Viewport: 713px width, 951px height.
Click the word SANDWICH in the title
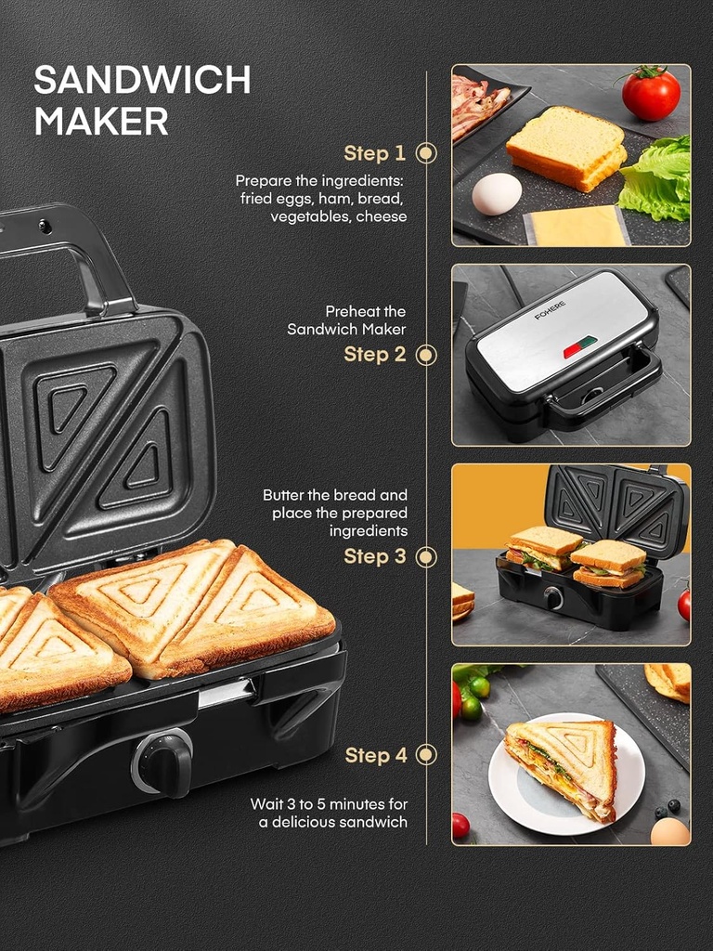coord(142,81)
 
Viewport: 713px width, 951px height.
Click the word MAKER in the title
coord(101,122)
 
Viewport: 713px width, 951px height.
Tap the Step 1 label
coord(374,153)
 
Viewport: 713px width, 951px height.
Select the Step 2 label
coord(374,355)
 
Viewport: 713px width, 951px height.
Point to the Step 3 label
coord(374,556)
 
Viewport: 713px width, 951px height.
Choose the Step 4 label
coord(375,756)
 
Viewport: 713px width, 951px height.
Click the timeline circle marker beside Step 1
coord(426,153)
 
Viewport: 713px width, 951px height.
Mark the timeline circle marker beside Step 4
coord(426,755)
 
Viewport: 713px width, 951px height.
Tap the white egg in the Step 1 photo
coord(497,194)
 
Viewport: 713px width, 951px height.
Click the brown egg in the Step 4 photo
coord(669,831)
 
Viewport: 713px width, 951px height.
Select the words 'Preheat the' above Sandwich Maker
coord(365,312)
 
